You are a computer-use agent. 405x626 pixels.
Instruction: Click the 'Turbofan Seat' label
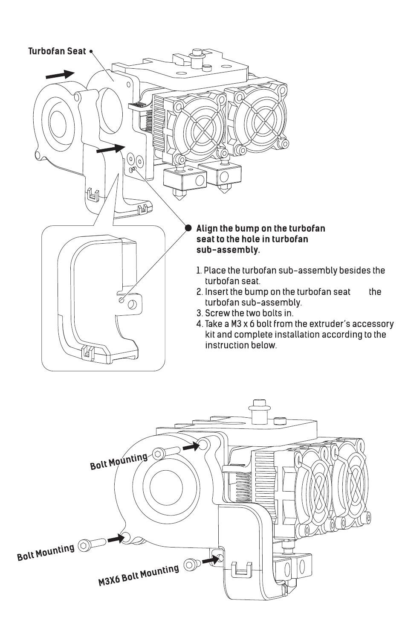(57, 51)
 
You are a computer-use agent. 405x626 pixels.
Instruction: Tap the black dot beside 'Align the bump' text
(189, 228)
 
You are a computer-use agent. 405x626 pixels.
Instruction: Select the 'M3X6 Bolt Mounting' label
(139, 575)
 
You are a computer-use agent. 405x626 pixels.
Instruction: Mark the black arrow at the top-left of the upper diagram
(60, 75)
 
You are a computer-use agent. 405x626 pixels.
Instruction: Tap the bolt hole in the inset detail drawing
(132, 304)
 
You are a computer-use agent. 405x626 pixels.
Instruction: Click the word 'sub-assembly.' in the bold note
(228, 250)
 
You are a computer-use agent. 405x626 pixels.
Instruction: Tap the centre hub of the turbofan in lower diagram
(166, 487)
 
